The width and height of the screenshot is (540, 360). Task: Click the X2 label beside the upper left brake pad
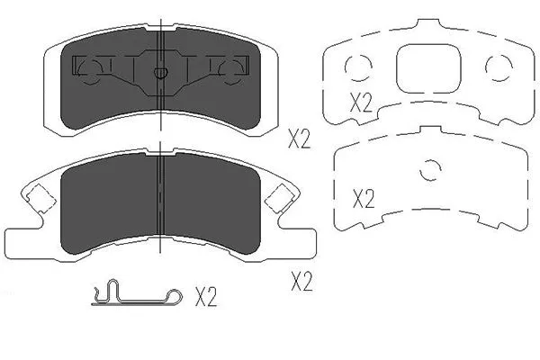(299, 139)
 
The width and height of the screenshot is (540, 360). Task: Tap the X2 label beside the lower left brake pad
(301, 283)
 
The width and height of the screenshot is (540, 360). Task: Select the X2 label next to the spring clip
(206, 295)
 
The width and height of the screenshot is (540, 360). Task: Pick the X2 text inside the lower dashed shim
(363, 198)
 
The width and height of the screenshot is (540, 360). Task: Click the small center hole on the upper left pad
(159, 74)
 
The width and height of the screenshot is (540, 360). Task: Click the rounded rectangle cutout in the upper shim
(427, 68)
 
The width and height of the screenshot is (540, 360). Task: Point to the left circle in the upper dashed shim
(357, 66)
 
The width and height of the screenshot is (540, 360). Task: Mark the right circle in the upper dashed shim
(496, 66)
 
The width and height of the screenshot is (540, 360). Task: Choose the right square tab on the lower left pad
(280, 195)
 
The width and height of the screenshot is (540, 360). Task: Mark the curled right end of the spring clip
(172, 293)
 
